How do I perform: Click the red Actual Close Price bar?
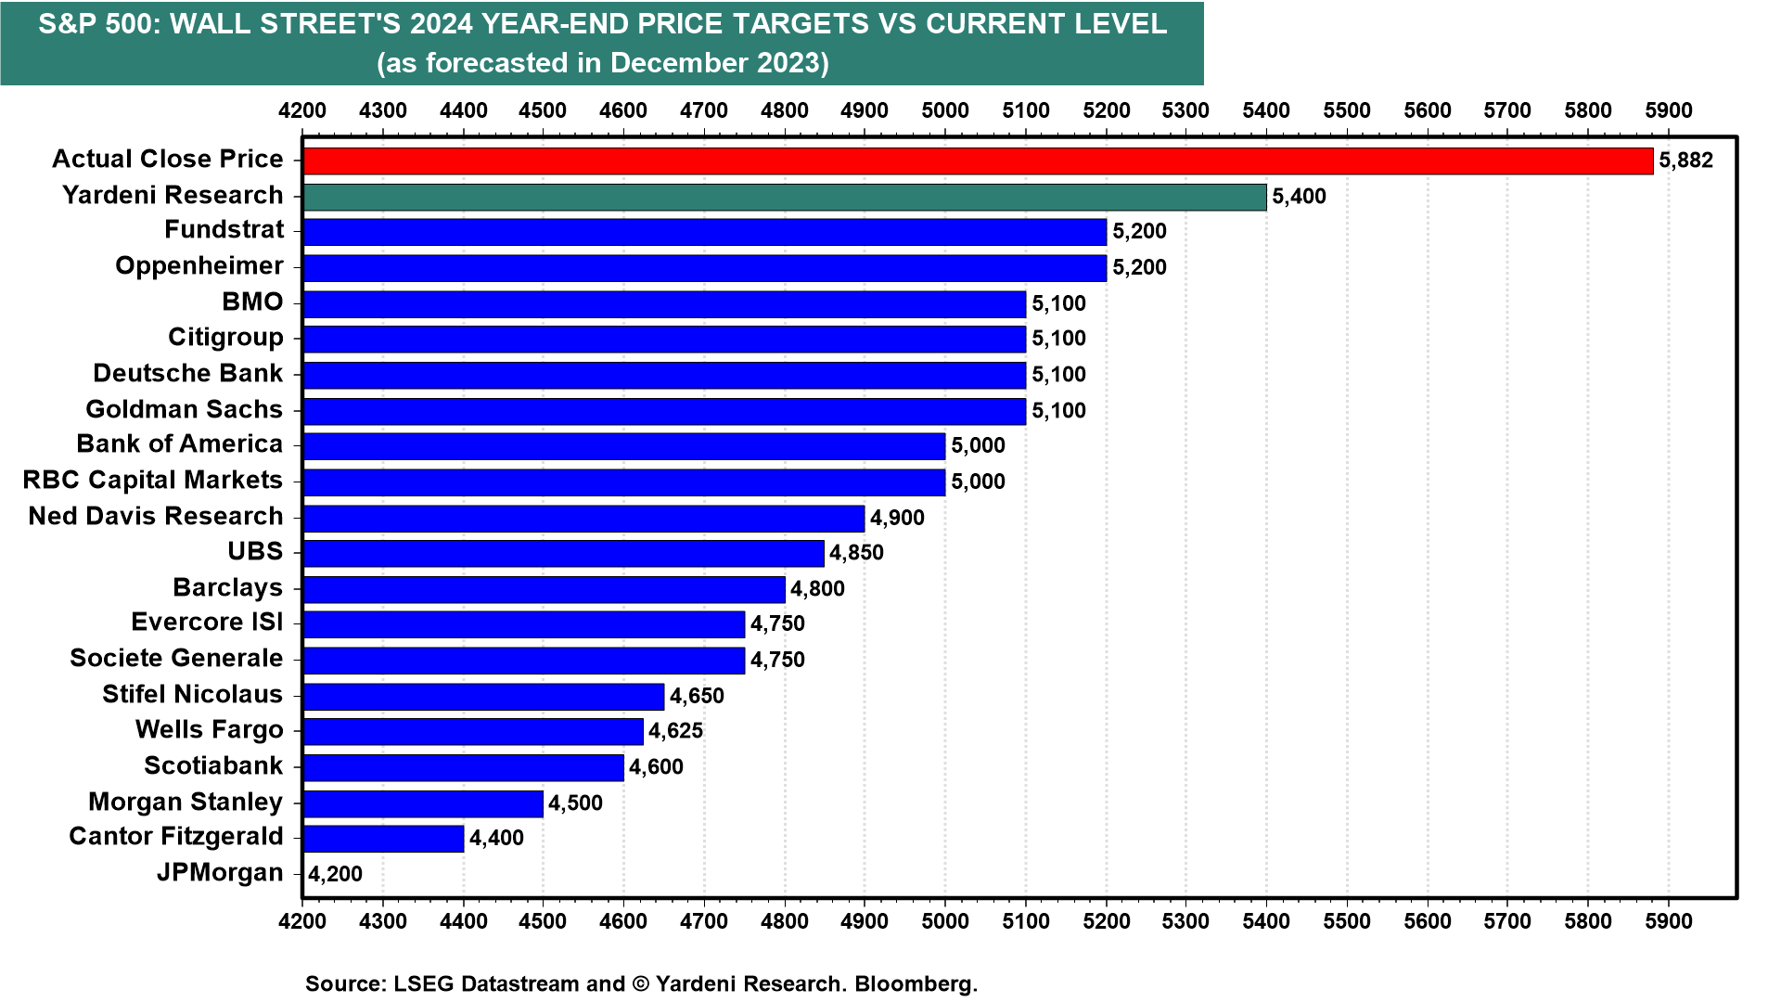978,161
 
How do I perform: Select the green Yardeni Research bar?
785,197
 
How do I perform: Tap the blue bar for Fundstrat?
705,232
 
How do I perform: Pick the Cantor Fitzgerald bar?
383,839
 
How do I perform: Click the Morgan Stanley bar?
423,803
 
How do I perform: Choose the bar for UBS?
563,554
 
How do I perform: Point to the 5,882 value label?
1685,161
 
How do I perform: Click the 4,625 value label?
675,731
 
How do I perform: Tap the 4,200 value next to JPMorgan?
335,874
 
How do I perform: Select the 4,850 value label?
856,554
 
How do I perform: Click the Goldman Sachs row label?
184,409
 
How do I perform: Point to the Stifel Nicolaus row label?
192,694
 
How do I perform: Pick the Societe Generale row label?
176,659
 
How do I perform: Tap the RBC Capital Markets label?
152,481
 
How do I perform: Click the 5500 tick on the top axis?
1347,110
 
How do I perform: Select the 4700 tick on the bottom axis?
704,922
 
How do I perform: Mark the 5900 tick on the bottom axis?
1669,922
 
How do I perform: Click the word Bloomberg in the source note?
916,983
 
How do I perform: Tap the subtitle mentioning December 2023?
602,63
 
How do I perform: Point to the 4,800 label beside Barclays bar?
817,589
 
